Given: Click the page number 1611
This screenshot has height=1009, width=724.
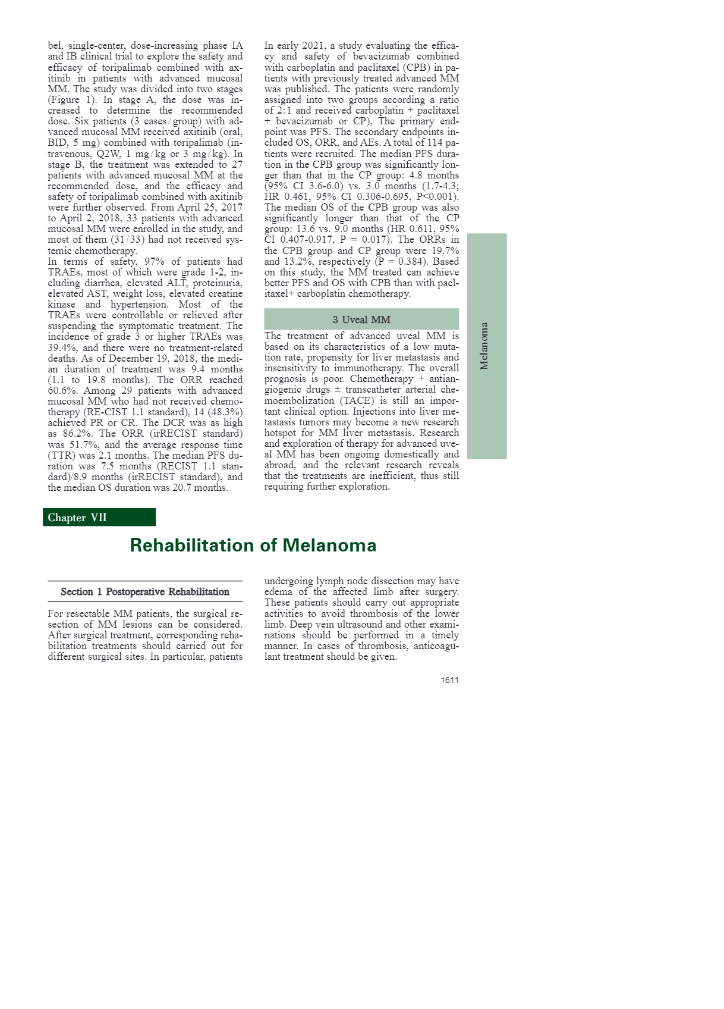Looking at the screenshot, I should pyautogui.click(x=449, y=680).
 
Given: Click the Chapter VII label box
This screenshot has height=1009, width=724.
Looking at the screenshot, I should pyautogui.click(x=99, y=517).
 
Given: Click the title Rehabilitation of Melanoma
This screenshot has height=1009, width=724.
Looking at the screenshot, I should pyautogui.click(x=253, y=545).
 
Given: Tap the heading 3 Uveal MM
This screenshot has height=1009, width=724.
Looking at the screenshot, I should pyautogui.click(x=361, y=319).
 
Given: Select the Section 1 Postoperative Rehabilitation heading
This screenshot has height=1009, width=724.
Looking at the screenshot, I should pyautogui.click(x=145, y=591).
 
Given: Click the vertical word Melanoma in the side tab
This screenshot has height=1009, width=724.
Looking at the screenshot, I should pyautogui.click(x=484, y=346).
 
